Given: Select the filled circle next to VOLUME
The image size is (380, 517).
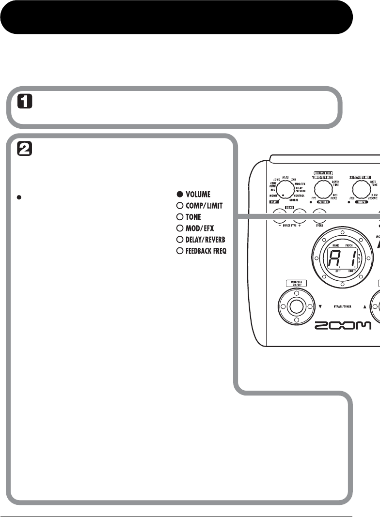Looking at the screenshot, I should (x=179, y=195).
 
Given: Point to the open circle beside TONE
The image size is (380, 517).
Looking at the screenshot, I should (x=179, y=217).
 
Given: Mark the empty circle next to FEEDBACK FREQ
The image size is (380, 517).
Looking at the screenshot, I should (x=179, y=251).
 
